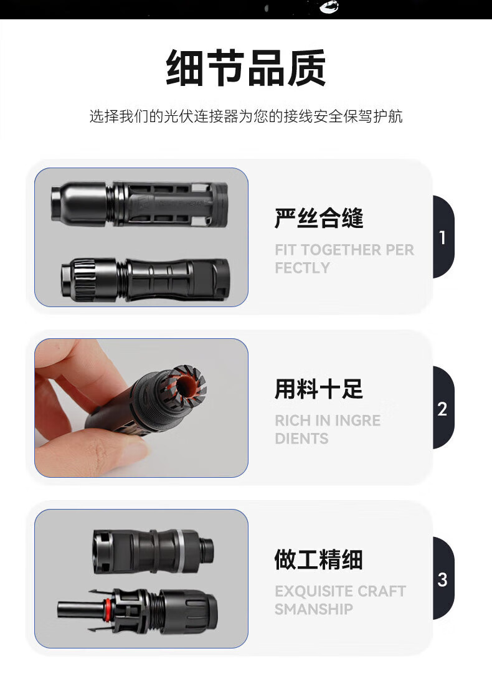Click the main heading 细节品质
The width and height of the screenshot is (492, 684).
(246, 68)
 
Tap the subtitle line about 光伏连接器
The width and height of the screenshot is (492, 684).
(246, 116)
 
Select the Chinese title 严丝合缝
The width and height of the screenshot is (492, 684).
(319, 218)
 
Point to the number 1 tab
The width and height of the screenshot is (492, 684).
(443, 237)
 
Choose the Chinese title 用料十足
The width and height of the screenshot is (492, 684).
(319, 389)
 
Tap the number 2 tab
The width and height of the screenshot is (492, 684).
(443, 408)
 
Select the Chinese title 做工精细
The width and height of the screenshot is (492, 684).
(319, 559)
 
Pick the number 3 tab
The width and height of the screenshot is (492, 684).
(443, 579)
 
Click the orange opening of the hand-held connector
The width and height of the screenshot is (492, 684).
(189, 385)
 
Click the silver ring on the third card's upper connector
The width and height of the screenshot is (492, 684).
(181, 551)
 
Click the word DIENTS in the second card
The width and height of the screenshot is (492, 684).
(301, 439)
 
